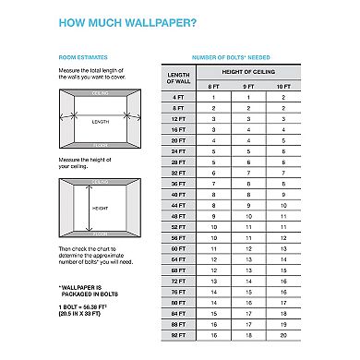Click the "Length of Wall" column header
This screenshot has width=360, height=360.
coord(177,78)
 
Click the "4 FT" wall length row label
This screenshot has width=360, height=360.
coord(177,96)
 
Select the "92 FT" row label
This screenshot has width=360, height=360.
coord(177,337)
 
